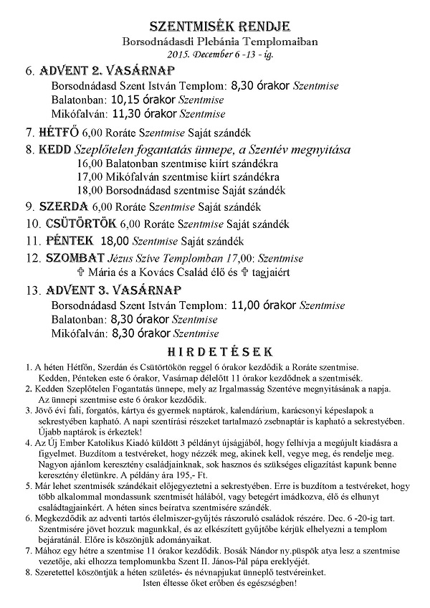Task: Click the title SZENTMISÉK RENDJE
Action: (214, 27)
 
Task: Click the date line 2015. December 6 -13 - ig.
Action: (215, 54)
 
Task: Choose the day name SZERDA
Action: (63, 206)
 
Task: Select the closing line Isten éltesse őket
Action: (216, 583)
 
